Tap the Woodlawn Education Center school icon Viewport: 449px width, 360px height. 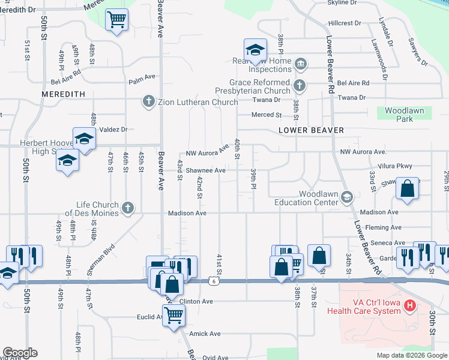pos(346,197)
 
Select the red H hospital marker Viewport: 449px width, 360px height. pos(411,306)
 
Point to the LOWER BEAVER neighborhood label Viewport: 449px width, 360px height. pos(312,130)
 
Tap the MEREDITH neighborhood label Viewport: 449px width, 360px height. pos(63,94)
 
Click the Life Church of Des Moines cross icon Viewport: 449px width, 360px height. pos(127,208)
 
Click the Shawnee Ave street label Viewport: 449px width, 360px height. pos(205,170)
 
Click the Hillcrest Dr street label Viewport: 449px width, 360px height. pos(344,23)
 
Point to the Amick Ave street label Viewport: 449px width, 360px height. pos(205,334)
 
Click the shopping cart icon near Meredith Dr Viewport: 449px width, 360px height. pos(117,20)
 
